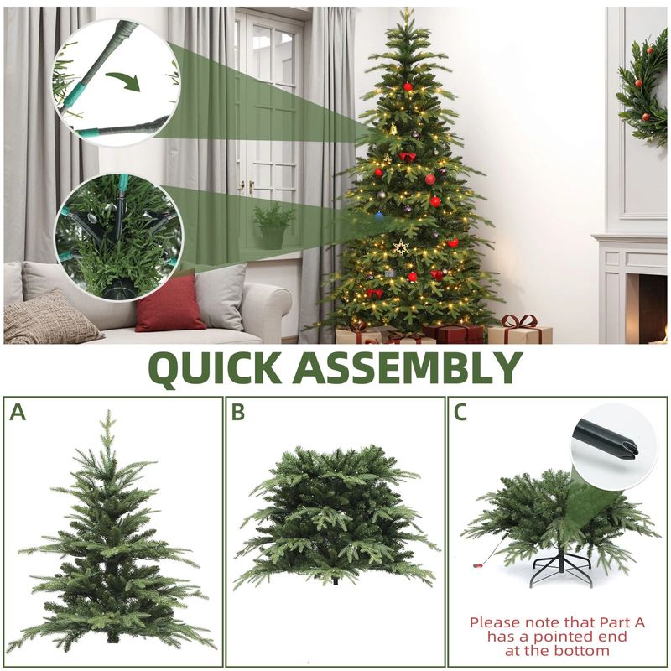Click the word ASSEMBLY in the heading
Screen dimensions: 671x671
(x=408, y=367)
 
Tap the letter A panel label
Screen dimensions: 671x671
(x=18, y=412)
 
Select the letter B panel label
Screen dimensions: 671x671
(x=238, y=412)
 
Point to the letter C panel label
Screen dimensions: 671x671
(x=460, y=412)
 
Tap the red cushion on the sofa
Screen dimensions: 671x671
(x=170, y=304)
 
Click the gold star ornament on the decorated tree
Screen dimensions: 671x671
(x=401, y=247)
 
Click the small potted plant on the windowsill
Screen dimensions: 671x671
(x=273, y=226)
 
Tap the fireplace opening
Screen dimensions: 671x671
(x=653, y=309)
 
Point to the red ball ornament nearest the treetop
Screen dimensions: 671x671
(x=408, y=87)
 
